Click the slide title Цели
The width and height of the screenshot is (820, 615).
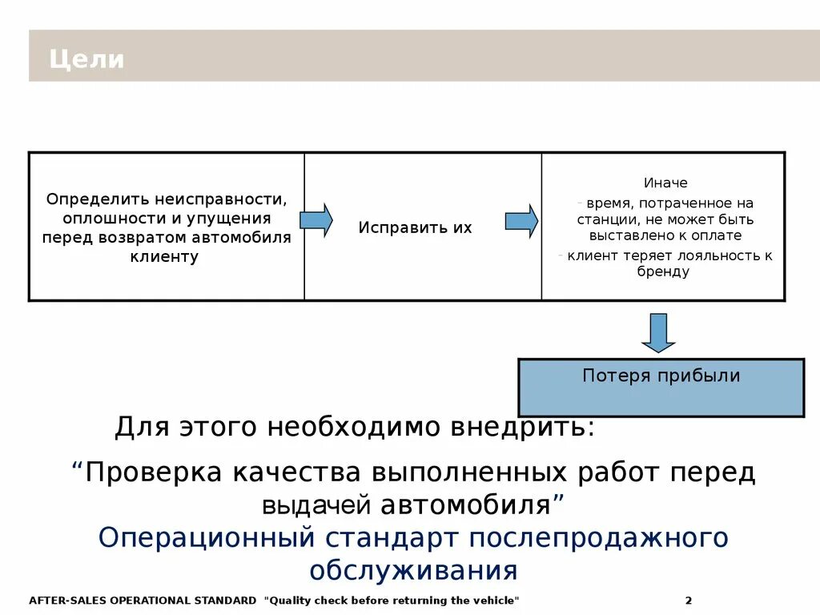point(86,59)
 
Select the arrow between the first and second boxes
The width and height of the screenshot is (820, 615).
point(316,219)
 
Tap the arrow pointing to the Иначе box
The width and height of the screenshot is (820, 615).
point(521,221)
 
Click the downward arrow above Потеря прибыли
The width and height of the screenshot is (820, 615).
point(658,332)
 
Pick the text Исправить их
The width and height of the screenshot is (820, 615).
point(415,227)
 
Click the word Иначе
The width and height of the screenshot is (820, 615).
point(665,183)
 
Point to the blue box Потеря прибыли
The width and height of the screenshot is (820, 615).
point(661,388)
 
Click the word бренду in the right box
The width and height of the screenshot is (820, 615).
point(663,271)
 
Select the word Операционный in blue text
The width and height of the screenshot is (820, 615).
point(207,537)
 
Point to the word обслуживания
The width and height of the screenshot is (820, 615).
point(413,571)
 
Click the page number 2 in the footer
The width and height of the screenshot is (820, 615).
point(689,601)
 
